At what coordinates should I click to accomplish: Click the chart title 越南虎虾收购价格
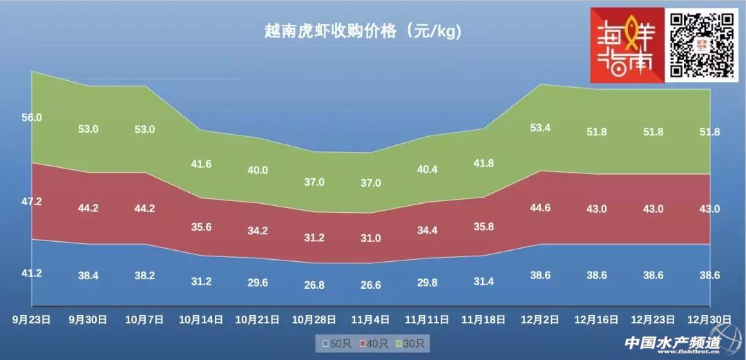362,31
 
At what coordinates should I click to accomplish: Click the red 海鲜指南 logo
625,45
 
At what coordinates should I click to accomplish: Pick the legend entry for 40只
374,342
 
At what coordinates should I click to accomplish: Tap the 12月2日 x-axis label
539,319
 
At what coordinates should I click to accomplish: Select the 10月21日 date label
257,319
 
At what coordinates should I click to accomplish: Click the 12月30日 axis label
711,319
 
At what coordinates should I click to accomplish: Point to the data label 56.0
32,117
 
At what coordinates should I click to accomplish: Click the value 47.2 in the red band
32,201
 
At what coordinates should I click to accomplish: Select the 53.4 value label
539,127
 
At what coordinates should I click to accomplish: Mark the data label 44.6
539,208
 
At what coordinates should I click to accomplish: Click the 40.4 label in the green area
427,168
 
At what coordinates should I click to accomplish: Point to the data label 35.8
483,226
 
